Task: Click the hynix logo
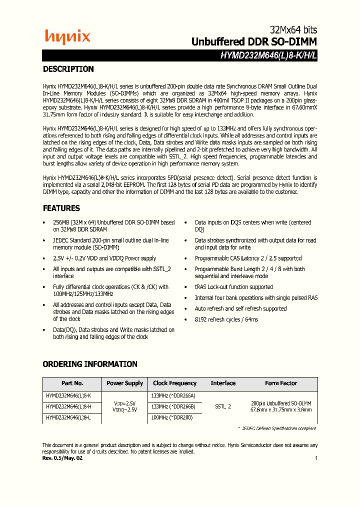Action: [x=67, y=36]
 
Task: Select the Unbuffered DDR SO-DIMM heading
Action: [x=254, y=42]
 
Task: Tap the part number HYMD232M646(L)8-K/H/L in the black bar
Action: [x=268, y=56]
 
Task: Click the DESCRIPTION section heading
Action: [x=68, y=69]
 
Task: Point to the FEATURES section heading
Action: [x=61, y=208]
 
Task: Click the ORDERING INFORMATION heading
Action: [x=89, y=364]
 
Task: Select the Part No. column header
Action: [x=72, y=383]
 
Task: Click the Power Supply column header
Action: [x=124, y=383]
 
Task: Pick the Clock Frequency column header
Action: [x=175, y=383]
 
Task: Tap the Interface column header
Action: [x=223, y=383]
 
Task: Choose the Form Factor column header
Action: [x=281, y=383]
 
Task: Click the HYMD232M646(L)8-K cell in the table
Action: [x=68, y=395]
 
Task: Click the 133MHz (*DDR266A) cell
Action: [x=173, y=395]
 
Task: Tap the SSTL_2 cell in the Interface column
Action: [x=223, y=406]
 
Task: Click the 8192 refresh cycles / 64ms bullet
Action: [x=226, y=319]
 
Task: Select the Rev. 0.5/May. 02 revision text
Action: [x=62, y=458]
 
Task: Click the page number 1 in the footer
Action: [x=316, y=458]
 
